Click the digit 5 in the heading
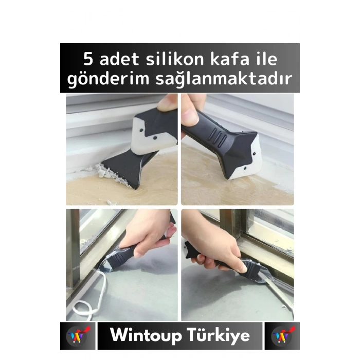(89, 59)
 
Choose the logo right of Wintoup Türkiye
(282, 336)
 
